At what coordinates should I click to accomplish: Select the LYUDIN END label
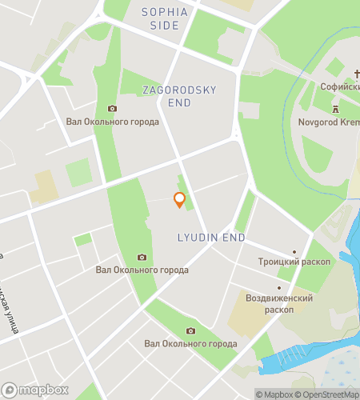[x=210, y=238]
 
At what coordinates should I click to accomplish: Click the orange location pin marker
[x=179, y=200]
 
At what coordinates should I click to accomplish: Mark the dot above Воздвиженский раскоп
[x=278, y=288]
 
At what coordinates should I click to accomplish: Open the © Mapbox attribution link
[x=274, y=393]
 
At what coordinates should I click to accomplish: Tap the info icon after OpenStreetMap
[x=353, y=393]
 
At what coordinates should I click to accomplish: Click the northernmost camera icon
[x=112, y=109]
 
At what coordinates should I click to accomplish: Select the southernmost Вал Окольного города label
[x=190, y=344]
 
